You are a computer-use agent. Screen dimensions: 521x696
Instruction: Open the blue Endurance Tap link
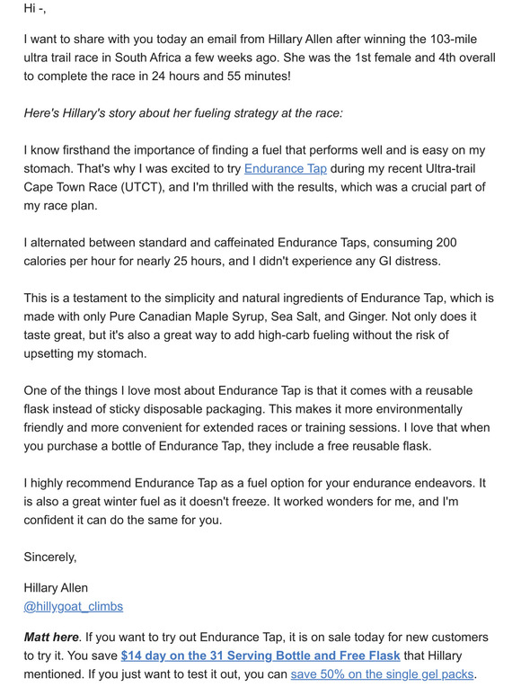(285, 168)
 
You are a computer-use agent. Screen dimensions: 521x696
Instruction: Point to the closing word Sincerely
(50, 557)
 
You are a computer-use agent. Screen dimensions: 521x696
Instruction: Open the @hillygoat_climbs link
(74, 606)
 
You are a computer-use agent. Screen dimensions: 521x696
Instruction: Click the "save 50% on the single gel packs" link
(382, 674)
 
